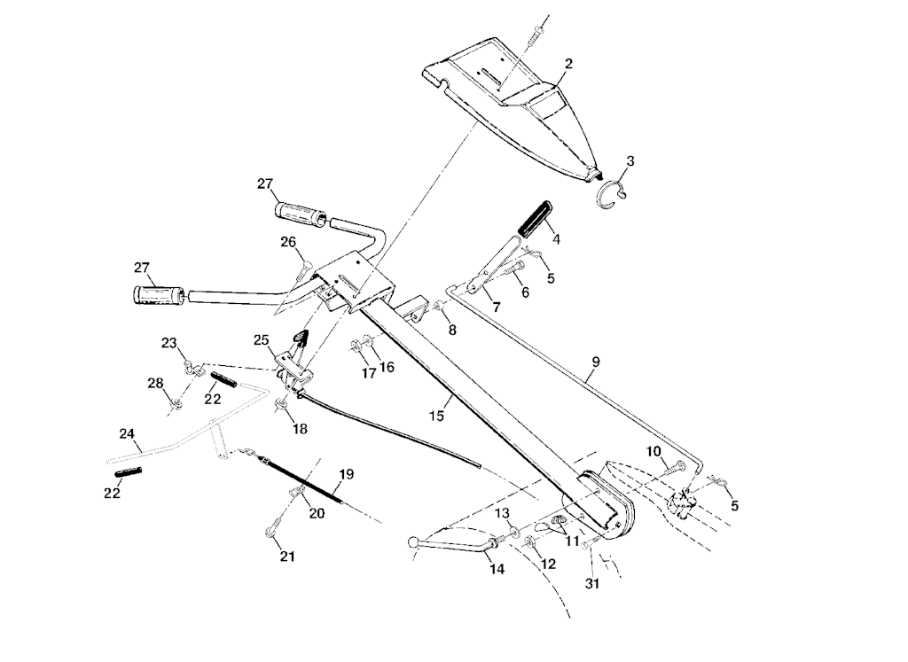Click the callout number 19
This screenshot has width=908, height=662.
[346, 474]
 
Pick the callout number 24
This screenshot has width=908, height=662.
[127, 433]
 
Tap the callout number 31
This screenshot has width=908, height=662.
[592, 583]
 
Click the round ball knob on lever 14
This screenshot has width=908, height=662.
[413, 542]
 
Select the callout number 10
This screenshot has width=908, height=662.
[654, 451]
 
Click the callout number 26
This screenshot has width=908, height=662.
[287, 242]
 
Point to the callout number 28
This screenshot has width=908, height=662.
[155, 383]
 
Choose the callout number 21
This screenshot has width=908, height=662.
[286, 557]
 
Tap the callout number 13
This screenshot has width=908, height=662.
[502, 514]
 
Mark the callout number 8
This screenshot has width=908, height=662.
[452, 330]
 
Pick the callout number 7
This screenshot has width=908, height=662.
[496, 307]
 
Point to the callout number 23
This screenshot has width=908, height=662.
[169, 343]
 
